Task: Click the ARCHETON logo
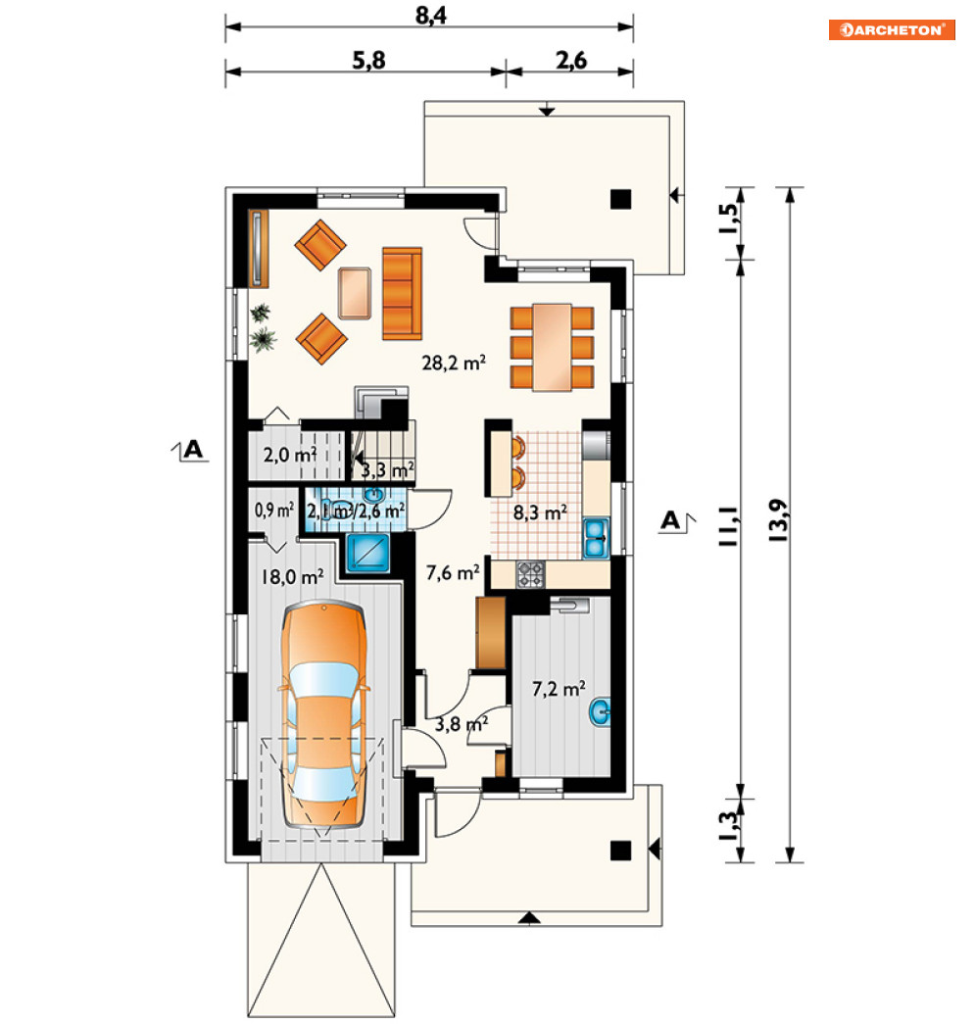[x=892, y=30]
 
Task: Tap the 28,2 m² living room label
[x=454, y=363]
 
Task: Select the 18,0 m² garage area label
[x=292, y=576]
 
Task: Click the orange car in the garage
[x=324, y=716]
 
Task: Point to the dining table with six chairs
[x=552, y=348]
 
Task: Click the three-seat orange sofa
[x=402, y=293]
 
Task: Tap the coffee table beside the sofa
[x=355, y=293]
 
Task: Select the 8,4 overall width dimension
[x=431, y=15]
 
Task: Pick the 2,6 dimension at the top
[x=571, y=60]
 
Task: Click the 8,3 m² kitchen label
[x=539, y=513]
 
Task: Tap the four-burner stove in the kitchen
[x=530, y=574]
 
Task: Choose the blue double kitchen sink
[x=596, y=538]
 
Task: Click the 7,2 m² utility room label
[x=559, y=689]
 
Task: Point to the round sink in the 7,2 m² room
[x=600, y=711]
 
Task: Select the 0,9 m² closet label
[x=274, y=511]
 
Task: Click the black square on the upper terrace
[x=620, y=199]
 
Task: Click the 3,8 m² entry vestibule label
[x=462, y=723]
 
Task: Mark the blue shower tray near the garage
[x=367, y=553]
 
